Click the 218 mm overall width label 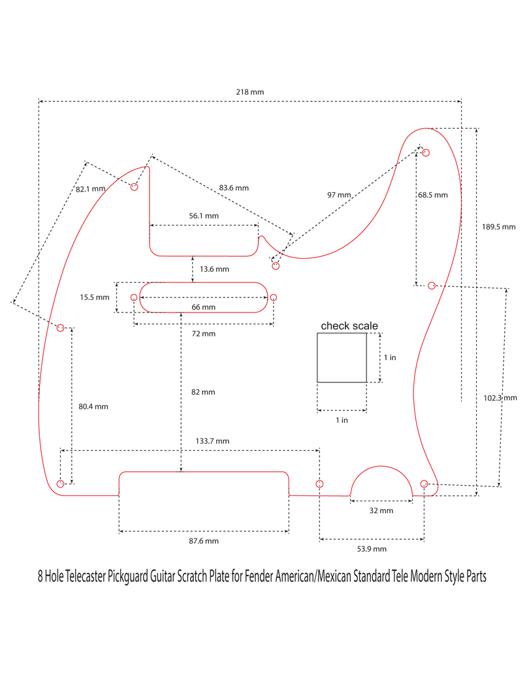(250, 92)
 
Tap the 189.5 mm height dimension (498, 227)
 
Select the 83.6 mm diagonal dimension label (234, 188)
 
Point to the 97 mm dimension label (339, 195)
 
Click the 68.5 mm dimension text (433, 195)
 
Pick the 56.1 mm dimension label (204, 215)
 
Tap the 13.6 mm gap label (214, 269)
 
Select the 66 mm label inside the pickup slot (204, 307)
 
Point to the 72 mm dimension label (204, 333)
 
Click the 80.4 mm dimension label (93, 406)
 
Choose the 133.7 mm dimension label (213, 441)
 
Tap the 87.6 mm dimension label (203, 541)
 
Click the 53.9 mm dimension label (371, 549)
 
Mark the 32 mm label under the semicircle (381, 510)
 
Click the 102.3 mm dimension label (500, 397)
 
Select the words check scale (349, 325)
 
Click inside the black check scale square (342, 358)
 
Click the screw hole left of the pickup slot (134, 298)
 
